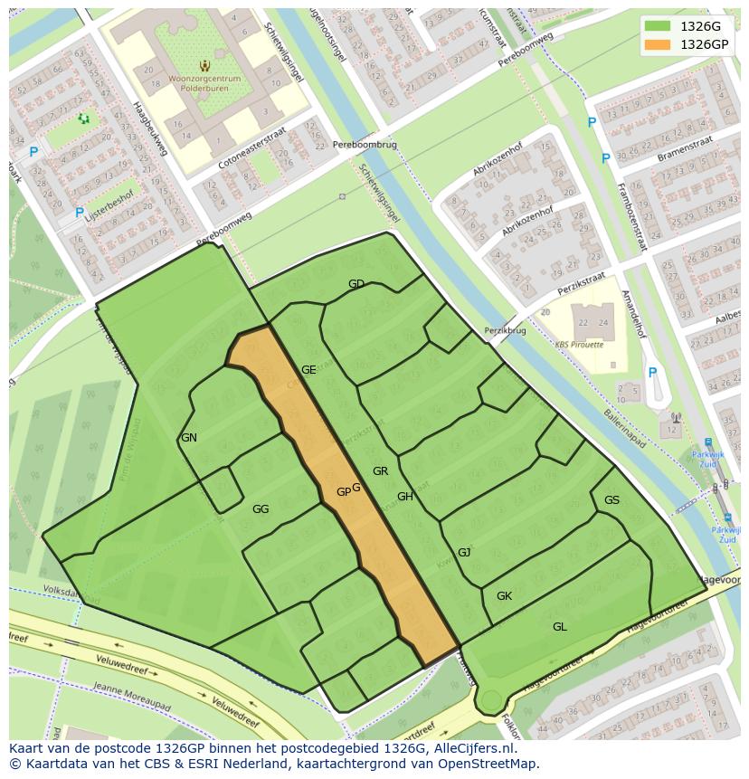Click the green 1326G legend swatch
pos(658,26)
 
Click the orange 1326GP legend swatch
pos(658,43)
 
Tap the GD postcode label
pos(356,284)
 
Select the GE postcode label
pos(308,369)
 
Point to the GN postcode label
pos(189,438)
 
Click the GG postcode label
pos(261,509)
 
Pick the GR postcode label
pos(380,470)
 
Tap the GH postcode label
pos(404,496)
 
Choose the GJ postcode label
pos(464,552)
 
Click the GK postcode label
pos(504,595)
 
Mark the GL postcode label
pos(560,626)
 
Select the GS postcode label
pos(612,500)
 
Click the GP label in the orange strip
pos(343,492)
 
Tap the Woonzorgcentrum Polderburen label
pos(204,84)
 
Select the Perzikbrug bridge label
pos(505,331)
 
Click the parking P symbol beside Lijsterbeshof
pos(80,214)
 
